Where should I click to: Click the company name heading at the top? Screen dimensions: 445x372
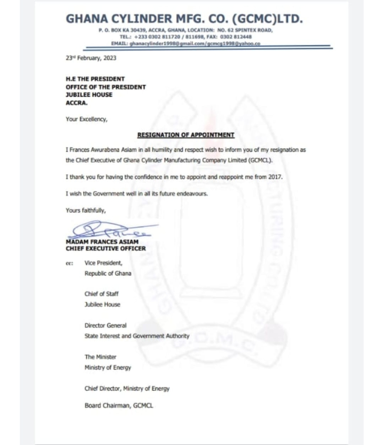point(184,20)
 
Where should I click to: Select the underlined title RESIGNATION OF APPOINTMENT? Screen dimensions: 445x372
point(186,135)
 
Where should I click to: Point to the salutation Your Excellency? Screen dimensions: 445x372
point(86,118)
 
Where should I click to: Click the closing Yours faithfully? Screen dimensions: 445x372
point(86,210)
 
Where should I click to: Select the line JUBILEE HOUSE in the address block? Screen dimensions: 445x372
point(89,95)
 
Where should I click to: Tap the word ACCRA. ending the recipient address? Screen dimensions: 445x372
point(76,103)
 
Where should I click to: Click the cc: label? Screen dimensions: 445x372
point(69,263)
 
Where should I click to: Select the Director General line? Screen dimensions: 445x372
point(105,325)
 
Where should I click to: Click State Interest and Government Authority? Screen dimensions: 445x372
point(137,336)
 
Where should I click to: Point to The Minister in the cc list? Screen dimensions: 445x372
point(100,357)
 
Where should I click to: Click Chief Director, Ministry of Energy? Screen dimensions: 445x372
point(127,389)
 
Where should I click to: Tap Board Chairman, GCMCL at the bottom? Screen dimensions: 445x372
point(119,406)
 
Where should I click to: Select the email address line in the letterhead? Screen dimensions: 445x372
point(186,44)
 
